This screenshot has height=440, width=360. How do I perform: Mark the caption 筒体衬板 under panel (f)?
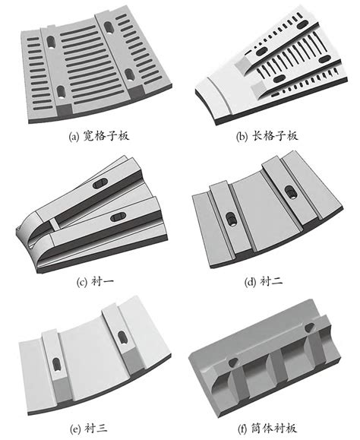click(x=267, y=430)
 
